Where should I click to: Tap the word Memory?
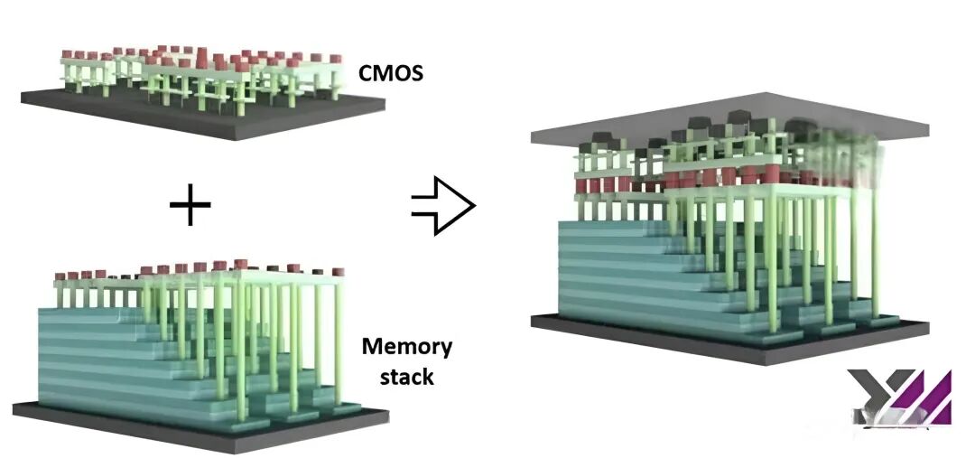pyautogui.click(x=407, y=346)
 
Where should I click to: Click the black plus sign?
pyautogui.click(x=190, y=206)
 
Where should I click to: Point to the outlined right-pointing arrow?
pyautogui.click(x=442, y=207)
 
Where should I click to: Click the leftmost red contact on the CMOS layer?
pyautogui.click(x=67, y=55)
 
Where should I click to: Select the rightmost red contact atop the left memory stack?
pyautogui.click(x=338, y=271)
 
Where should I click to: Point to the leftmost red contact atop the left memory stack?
pyautogui.click(x=60, y=276)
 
